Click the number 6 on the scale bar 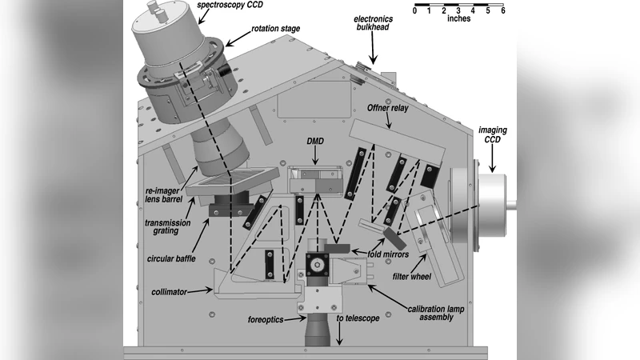tap(503, 10)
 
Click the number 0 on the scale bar tap(415, 10)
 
